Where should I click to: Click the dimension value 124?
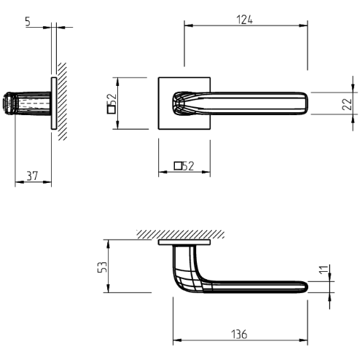245,20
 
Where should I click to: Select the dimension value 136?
239,334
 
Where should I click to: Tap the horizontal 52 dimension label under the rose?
187,165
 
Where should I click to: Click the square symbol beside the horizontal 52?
178,165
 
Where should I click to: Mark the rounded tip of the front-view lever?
309,103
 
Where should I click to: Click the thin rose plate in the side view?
53,103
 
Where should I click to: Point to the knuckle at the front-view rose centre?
179,103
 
